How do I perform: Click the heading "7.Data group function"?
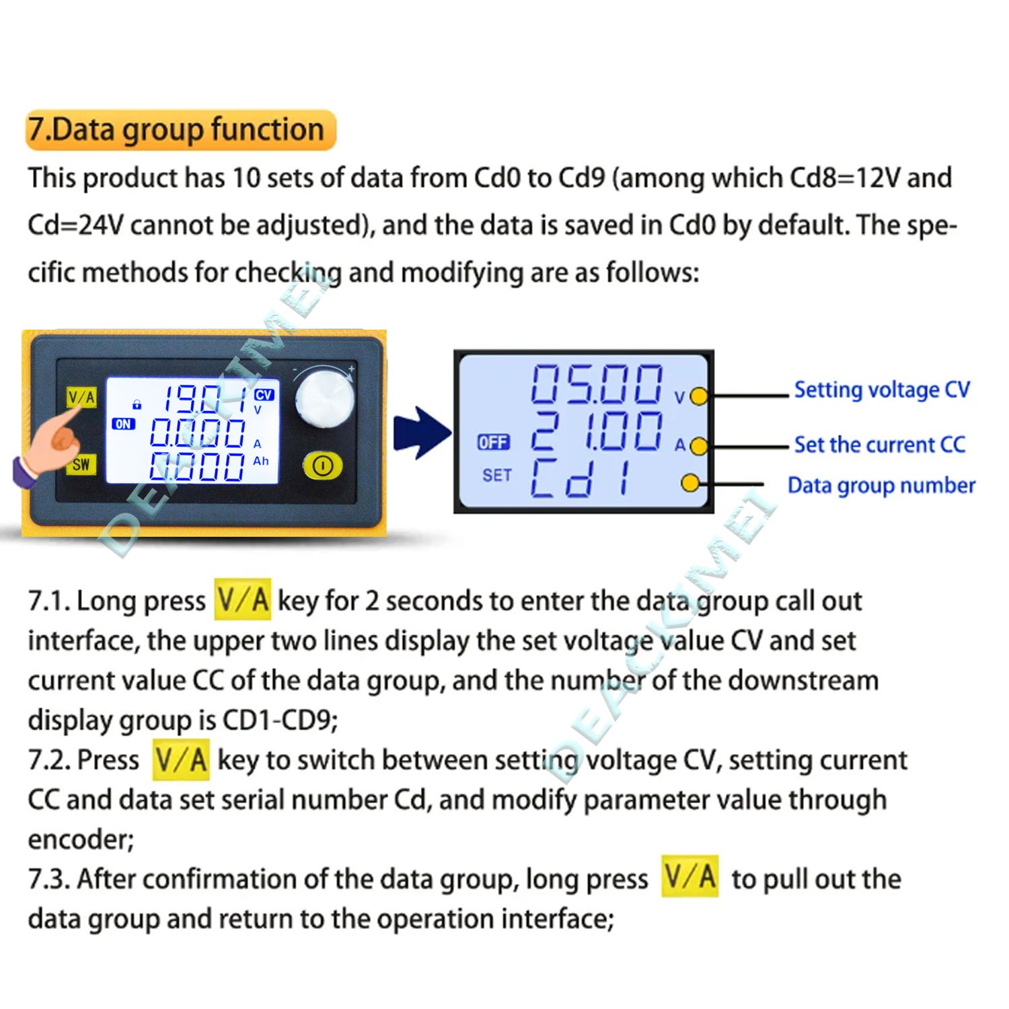pos(176,129)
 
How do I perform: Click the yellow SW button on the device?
pos(81,464)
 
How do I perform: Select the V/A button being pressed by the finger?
pos(81,398)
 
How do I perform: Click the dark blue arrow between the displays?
pos(422,433)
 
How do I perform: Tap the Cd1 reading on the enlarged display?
pos(582,478)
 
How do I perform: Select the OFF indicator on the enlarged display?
pos(494,442)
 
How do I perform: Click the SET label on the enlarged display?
pos(497,476)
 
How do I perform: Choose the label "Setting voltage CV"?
pos(882,389)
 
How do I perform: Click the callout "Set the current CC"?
pos(879,445)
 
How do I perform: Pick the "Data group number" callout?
pos(881,485)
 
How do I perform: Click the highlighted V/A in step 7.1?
pos(243,599)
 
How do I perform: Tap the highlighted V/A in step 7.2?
pos(180,759)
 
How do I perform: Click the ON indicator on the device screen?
pos(124,424)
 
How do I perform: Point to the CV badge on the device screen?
pos(264,395)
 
